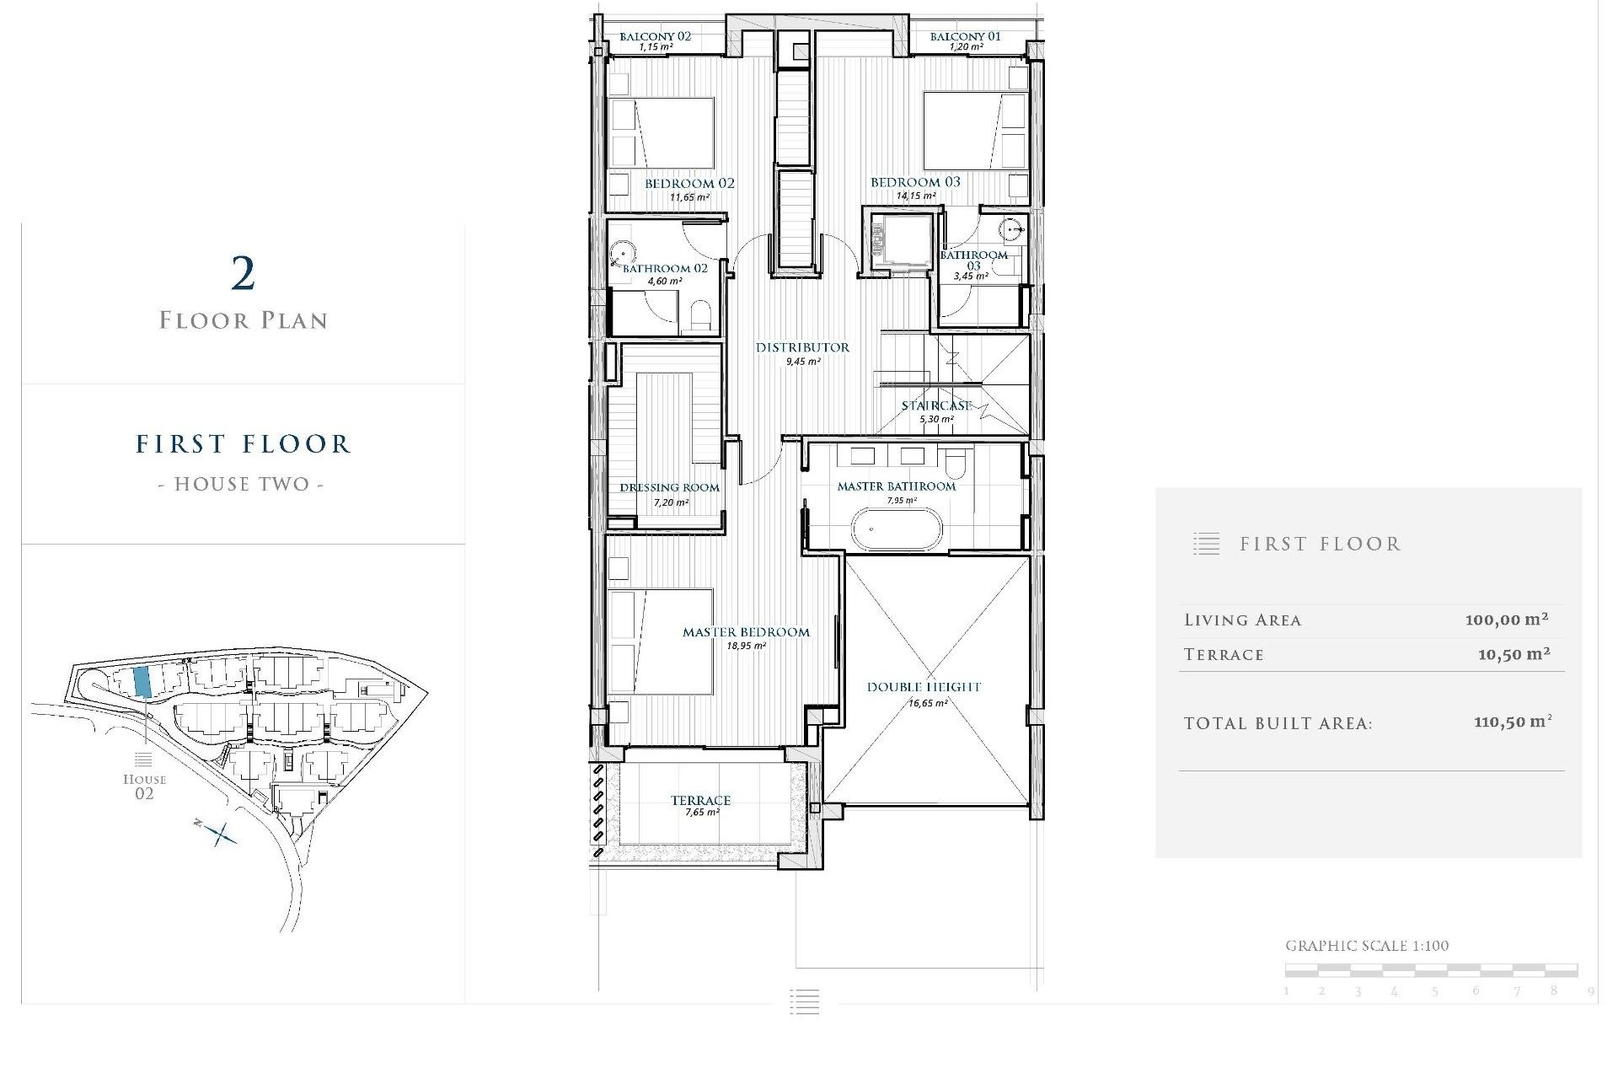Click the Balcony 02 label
click(x=655, y=36)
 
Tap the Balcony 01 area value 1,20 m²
click(x=966, y=47)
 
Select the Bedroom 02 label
click(x=689, y=183)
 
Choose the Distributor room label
click(x=802, y=347)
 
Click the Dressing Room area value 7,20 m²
click(x=671, y=502)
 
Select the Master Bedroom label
click(x=746, y=632)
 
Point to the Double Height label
click(x=924, y=687)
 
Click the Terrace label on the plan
click(x=700, y=800)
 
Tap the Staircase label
click(x=936, y=405)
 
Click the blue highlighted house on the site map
click(x=142, y=680)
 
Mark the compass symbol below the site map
click(x=218, y=834)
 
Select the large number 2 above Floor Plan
click(x=243, y=274)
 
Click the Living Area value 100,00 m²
click(x=1506, y=620)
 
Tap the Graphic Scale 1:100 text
click(x=1366, y=946)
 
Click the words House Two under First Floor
click(x=242, y=484)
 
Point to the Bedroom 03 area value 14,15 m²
click(x=915, y=196)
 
